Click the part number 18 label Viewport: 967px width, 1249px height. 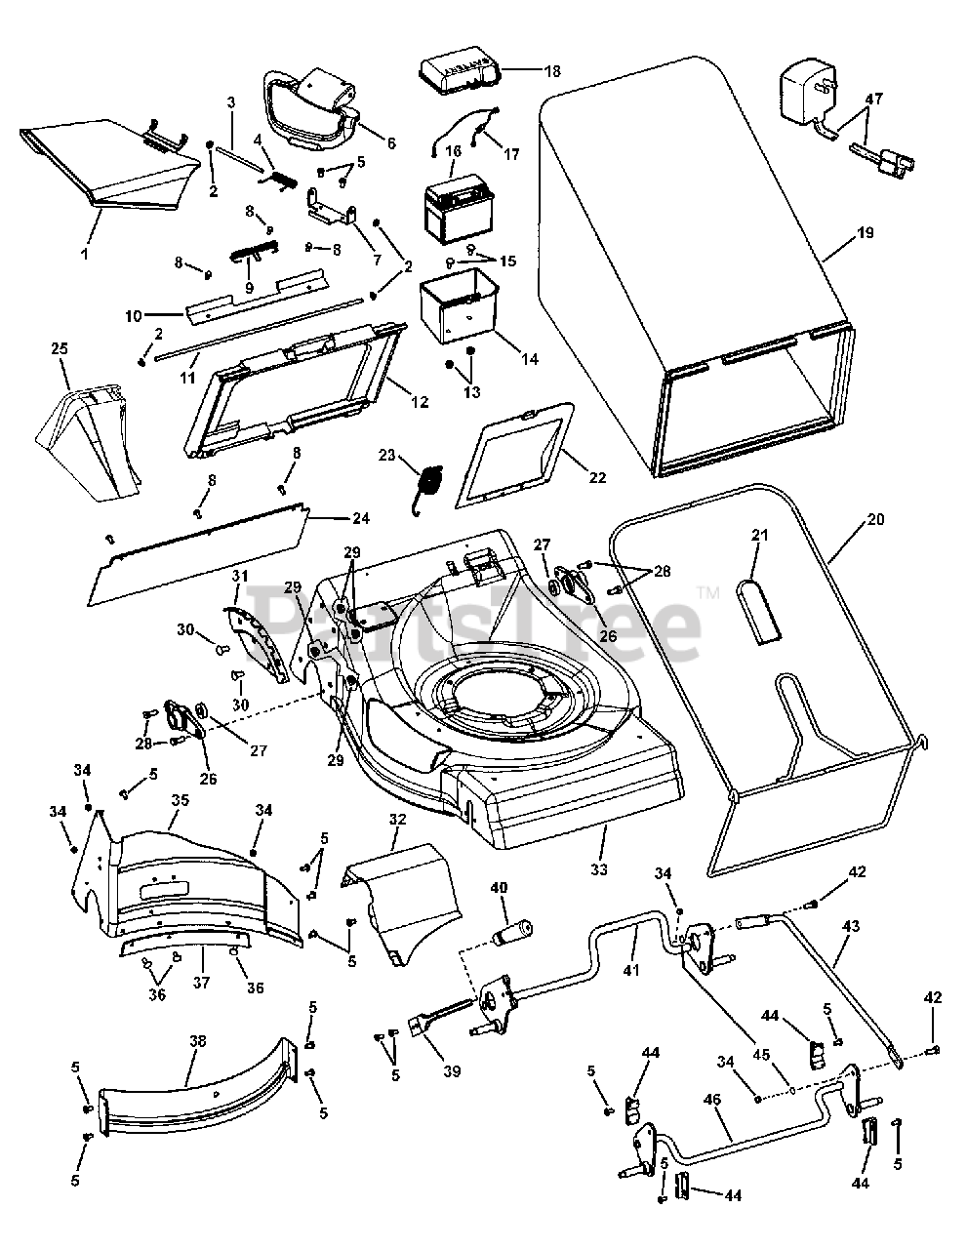pos(552,71)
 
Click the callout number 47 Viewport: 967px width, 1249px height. pos(873,99)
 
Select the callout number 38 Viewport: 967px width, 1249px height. pos(197,1041)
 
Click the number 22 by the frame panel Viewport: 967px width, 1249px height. pos(597,477)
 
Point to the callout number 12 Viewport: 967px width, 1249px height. pos(422,403)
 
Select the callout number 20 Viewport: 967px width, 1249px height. pos(875,519)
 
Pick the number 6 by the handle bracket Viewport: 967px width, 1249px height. pos(389,142)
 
